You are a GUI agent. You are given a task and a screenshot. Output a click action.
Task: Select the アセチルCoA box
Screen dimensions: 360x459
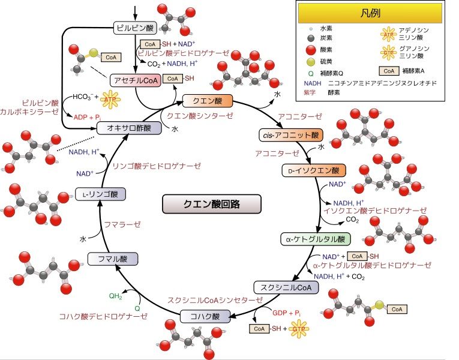click(x=135, y=80)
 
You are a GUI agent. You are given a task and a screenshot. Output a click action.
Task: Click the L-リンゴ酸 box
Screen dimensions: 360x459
click(x=100, y=194)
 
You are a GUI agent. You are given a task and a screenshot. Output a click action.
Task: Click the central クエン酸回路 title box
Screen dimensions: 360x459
click(x=212, y=204)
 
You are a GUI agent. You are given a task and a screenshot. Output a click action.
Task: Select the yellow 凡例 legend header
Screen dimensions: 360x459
click(x=374, y=13)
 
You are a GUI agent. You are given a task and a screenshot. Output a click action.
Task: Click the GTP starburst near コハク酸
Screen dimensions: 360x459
click(x=298, y=329)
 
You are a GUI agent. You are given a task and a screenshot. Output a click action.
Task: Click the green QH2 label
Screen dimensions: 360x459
click(x=116, y=296)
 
